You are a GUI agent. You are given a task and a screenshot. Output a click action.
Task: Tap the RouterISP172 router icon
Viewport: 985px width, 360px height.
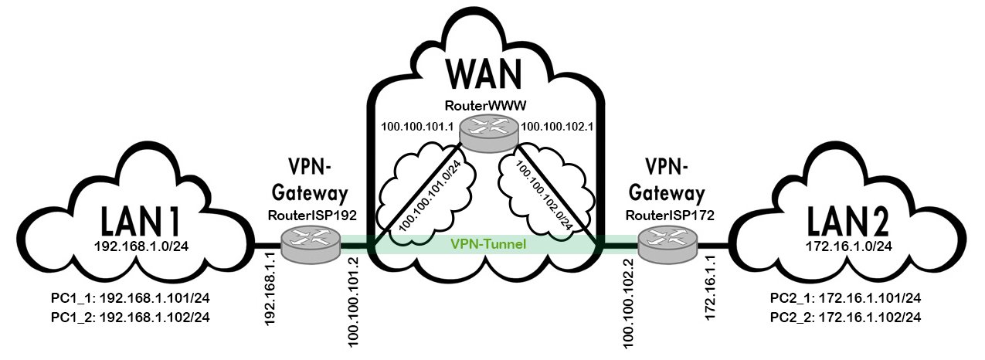[x=667, y=246]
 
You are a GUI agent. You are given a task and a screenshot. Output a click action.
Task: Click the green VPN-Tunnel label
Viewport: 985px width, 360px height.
[x=488, y=245]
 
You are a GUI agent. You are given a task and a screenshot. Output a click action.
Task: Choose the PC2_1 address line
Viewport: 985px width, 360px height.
[x=846, y=298]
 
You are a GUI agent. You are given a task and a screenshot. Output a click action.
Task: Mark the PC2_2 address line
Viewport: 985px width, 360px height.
[x=846, y=317]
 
